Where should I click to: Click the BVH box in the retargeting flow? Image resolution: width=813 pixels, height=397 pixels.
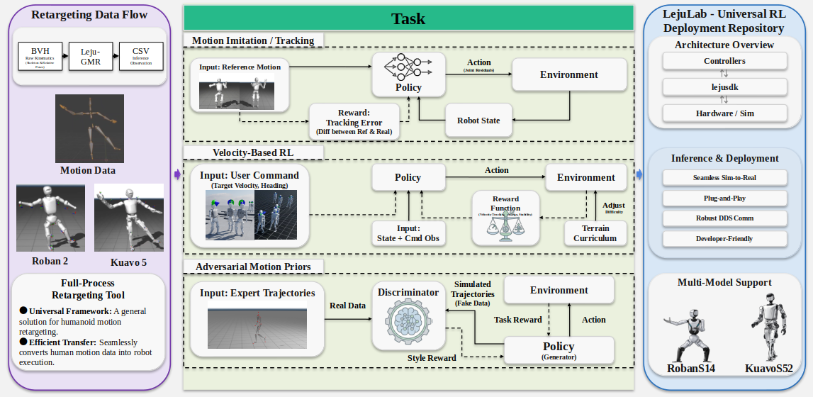coord(41,55)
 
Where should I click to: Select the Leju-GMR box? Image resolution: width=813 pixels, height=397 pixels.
coord(89,55)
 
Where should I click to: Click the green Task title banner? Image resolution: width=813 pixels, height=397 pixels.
coord(408,18)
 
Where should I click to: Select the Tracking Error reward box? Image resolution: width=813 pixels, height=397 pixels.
coord(353,122)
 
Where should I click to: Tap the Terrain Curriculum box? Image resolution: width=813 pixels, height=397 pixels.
coord(595,233)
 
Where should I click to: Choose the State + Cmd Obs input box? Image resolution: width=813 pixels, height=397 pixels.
coord(408,233)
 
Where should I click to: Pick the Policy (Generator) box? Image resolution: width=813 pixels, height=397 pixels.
coord(558,350)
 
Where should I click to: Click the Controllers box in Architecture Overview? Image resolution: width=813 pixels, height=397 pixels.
coord(724,61)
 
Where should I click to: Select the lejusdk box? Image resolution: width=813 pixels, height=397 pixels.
coord(724,86)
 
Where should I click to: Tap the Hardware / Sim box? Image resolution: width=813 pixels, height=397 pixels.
coord(724,113)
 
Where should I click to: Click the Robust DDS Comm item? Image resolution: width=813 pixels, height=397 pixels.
coord(724,218)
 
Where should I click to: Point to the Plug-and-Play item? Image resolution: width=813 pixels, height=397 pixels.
coord(724,197)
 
